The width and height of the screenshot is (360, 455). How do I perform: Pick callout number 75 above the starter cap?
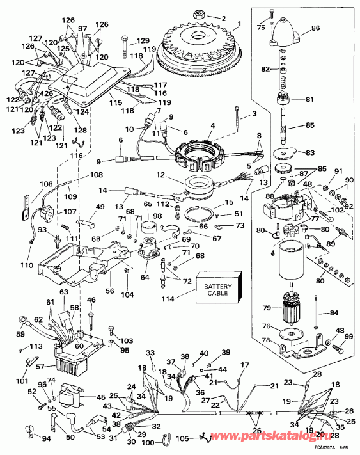pos(261,27)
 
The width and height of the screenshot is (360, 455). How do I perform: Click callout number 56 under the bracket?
pos(110,290)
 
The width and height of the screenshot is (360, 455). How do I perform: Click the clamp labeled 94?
pos(28,430)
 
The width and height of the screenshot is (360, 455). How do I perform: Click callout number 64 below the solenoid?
pos(145,277)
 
